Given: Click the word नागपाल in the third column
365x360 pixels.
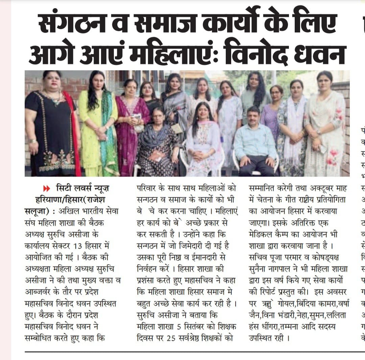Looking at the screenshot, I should tap(293, 269).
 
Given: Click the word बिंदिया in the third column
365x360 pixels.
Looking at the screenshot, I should tap(309, 304).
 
